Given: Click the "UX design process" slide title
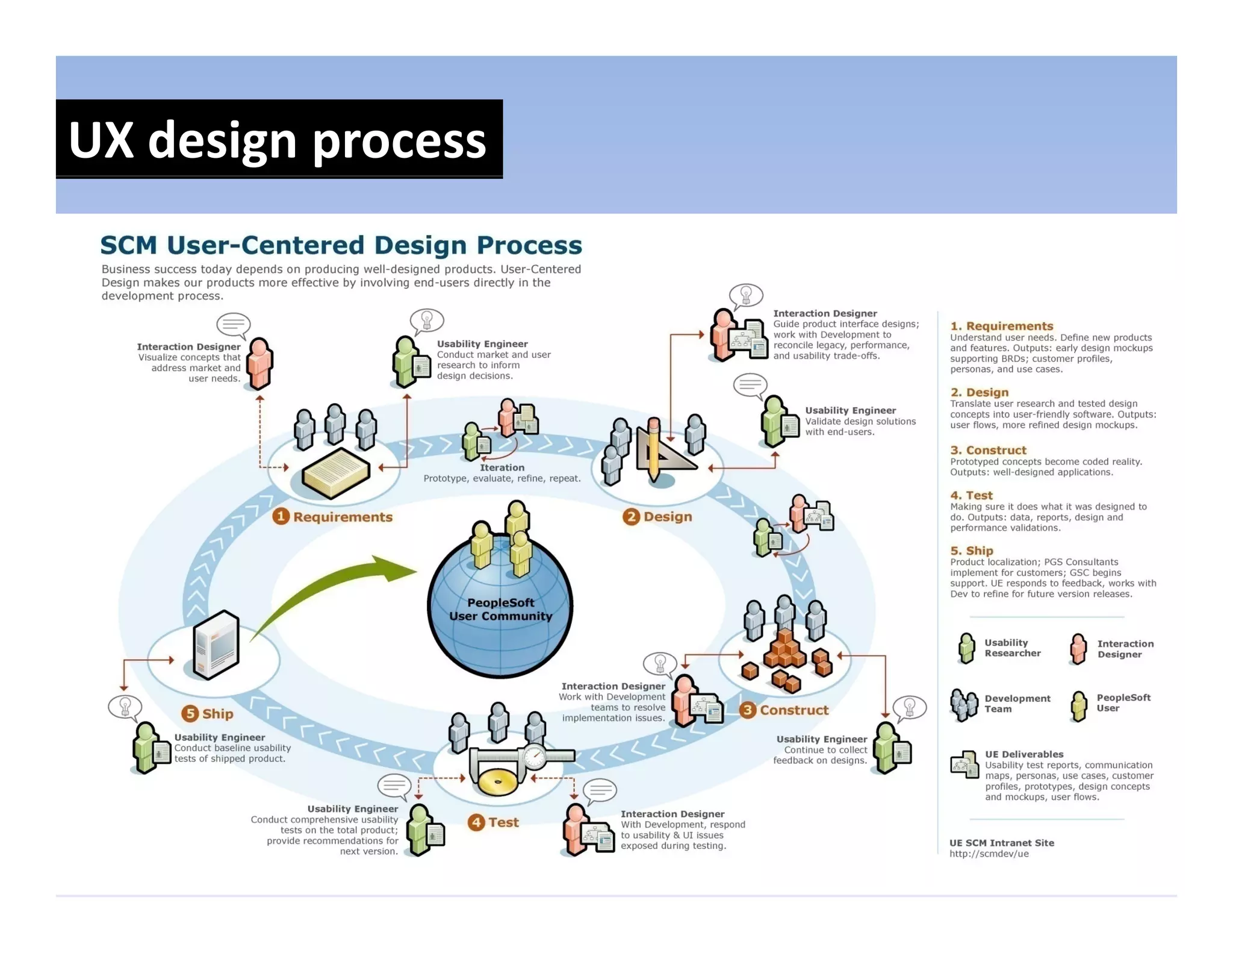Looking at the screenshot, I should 278,140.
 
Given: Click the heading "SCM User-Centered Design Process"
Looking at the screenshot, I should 341,245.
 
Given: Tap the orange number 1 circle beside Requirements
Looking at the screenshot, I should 281,516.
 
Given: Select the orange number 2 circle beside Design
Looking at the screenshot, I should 631,516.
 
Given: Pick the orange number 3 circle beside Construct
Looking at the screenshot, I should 748,710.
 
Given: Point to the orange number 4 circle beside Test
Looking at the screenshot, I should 476,822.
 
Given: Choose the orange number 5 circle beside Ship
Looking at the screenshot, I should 190,714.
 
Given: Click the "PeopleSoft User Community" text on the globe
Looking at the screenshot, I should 500,609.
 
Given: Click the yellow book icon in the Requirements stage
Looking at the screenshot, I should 335,473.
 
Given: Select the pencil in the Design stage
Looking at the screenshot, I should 654,449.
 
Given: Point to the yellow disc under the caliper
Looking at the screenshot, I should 497,781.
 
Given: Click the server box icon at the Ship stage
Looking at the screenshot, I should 216,645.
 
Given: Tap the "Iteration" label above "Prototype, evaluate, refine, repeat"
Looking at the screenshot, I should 502,467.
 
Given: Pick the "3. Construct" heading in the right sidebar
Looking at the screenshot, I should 988,450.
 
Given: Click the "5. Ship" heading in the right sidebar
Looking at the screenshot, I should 972,551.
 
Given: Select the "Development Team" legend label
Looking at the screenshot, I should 1017,704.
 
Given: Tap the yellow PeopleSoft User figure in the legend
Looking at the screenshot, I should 1079,705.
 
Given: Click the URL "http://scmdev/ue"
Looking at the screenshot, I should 989,854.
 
